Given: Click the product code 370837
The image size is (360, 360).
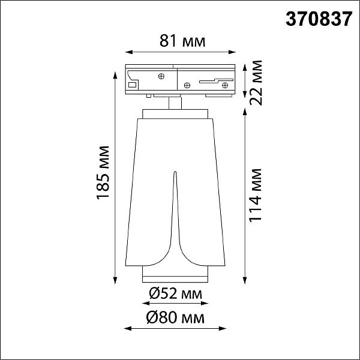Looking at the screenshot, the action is (x=319, y=19).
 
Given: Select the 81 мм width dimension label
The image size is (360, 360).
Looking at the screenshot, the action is (x=182, y=41).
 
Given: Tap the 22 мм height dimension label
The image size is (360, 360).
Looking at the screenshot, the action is (x=256, y=83).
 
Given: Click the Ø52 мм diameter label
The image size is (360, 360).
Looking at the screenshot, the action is (x=175, y=293).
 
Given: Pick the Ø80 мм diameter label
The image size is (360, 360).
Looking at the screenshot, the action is (x=175, y=318).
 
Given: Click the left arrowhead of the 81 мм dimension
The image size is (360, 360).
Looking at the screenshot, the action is (x=129, y=52).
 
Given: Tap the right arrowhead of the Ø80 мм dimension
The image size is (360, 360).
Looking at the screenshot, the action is (x=223, y=329).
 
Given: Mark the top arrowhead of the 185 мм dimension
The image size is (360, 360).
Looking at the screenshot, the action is (x=115, y=76).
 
